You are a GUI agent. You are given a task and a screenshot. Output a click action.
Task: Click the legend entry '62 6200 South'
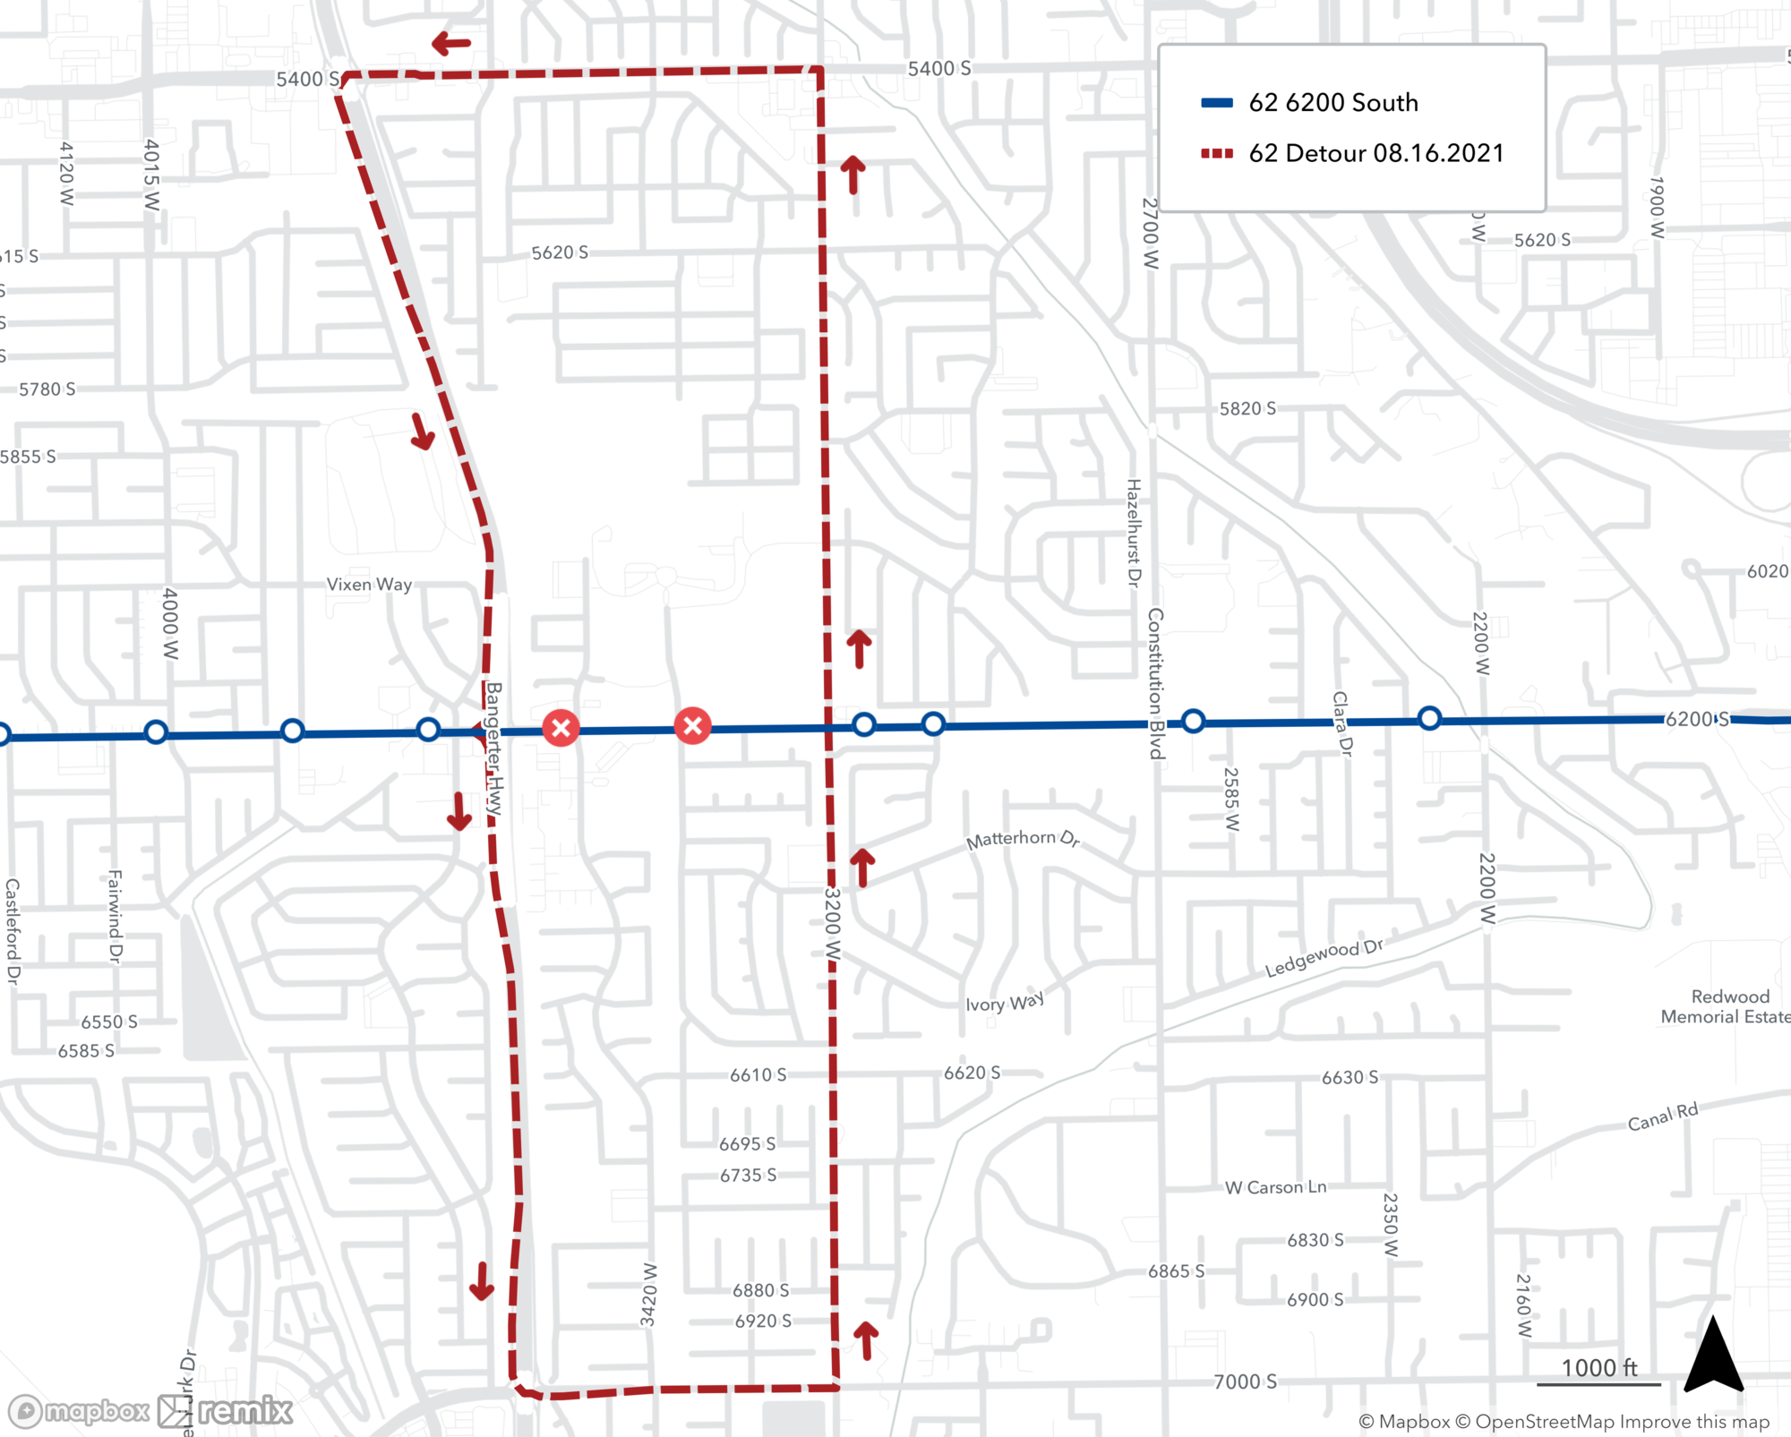coord(1333,103)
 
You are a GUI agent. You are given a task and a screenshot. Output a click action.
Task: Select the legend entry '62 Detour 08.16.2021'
coord(1375,153)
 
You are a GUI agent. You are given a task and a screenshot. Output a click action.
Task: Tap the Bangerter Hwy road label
coord(494,748)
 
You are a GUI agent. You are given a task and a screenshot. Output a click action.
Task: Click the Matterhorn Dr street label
coord(1023,839)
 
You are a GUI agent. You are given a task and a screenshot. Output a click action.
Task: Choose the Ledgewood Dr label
coord(1324,958)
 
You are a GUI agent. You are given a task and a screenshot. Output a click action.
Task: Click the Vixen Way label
coord(369,585)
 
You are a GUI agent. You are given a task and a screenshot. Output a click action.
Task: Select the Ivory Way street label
coord(1004,1002)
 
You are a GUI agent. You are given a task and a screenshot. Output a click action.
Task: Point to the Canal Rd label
coord(1662,1116)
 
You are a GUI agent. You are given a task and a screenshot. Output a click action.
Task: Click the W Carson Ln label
coord(1275,1187)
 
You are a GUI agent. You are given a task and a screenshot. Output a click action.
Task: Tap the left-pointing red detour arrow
coord(451,43)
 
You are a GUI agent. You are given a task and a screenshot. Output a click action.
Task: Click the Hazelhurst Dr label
coord(1134,533)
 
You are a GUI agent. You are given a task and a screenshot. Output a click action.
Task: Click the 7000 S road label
coord(1245,1381)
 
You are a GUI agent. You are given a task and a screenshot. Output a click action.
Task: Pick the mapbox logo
coord(79,1412)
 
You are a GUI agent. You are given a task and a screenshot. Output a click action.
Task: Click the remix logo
coord(226,1412)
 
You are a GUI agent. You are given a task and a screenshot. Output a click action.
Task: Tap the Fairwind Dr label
coord(115,915)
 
